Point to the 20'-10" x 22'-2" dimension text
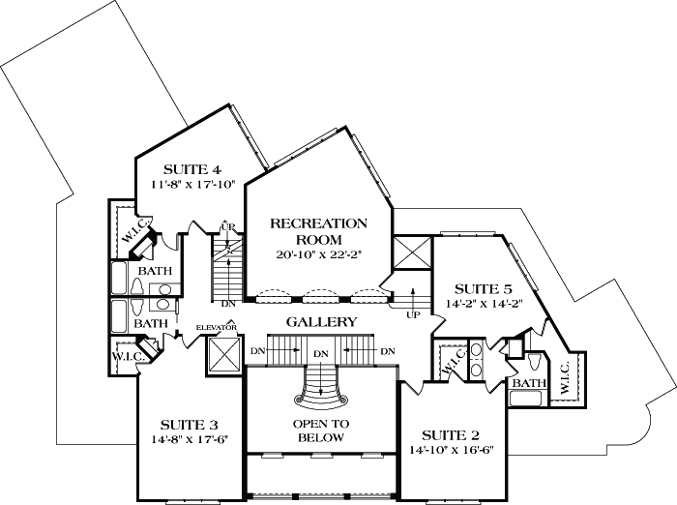coord(318,255)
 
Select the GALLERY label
coord(322,322)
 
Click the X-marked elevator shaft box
coord(222,356)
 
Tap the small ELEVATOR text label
coord(217,328)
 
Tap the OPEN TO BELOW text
coord(320,431)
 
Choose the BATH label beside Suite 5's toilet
coord(528,384)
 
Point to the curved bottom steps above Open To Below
coord(320,391)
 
